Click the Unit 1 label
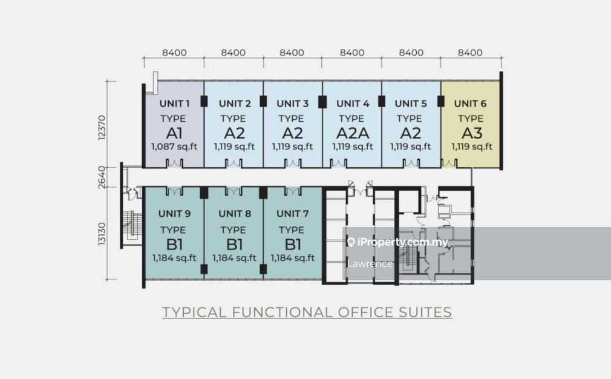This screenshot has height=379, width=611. click(x=174, y=104)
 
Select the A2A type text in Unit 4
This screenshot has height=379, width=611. click(x=351, y=133)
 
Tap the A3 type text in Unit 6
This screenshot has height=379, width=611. click(x=471, y=133)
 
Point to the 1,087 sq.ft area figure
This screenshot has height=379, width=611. click(x=174, y=147)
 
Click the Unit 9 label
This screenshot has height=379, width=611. click(x=174, y=213)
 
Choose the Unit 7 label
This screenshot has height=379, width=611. click(x=292, y=213)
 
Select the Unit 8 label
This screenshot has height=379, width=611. click(x=234, y=213)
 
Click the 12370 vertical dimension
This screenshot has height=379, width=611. click(x=102, y=128)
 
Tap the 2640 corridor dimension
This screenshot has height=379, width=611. click(x=102, y=176)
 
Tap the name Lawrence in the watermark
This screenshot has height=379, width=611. click(x=370, y=263)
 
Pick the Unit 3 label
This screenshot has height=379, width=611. click(x=292, y=104)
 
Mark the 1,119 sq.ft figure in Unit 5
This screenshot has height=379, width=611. click(x=410, y=147)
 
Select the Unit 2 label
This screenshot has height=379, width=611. click(x=234, y=104)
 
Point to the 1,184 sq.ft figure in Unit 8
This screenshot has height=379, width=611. click(x=234, y=258)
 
